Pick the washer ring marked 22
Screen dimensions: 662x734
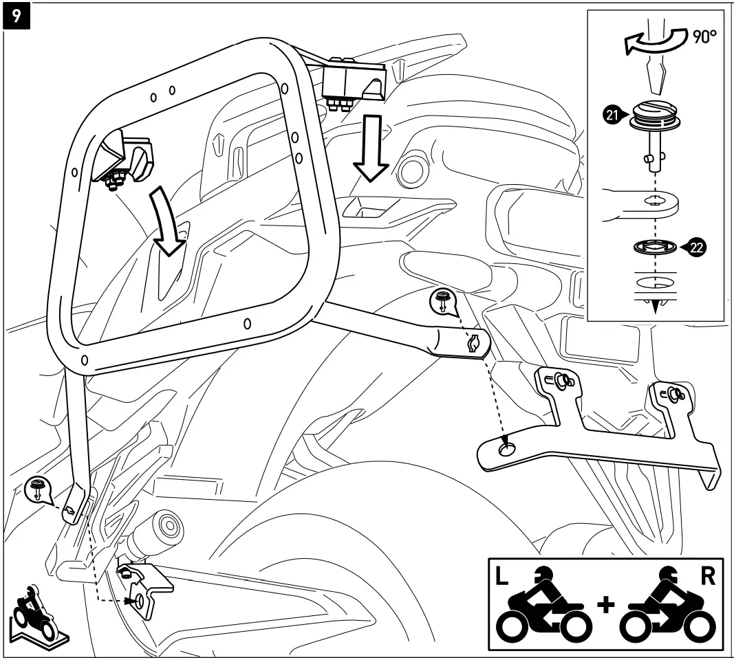point(654,247)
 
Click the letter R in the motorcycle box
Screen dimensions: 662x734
point(707,575)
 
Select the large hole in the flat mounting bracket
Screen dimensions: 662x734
point(508,449)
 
